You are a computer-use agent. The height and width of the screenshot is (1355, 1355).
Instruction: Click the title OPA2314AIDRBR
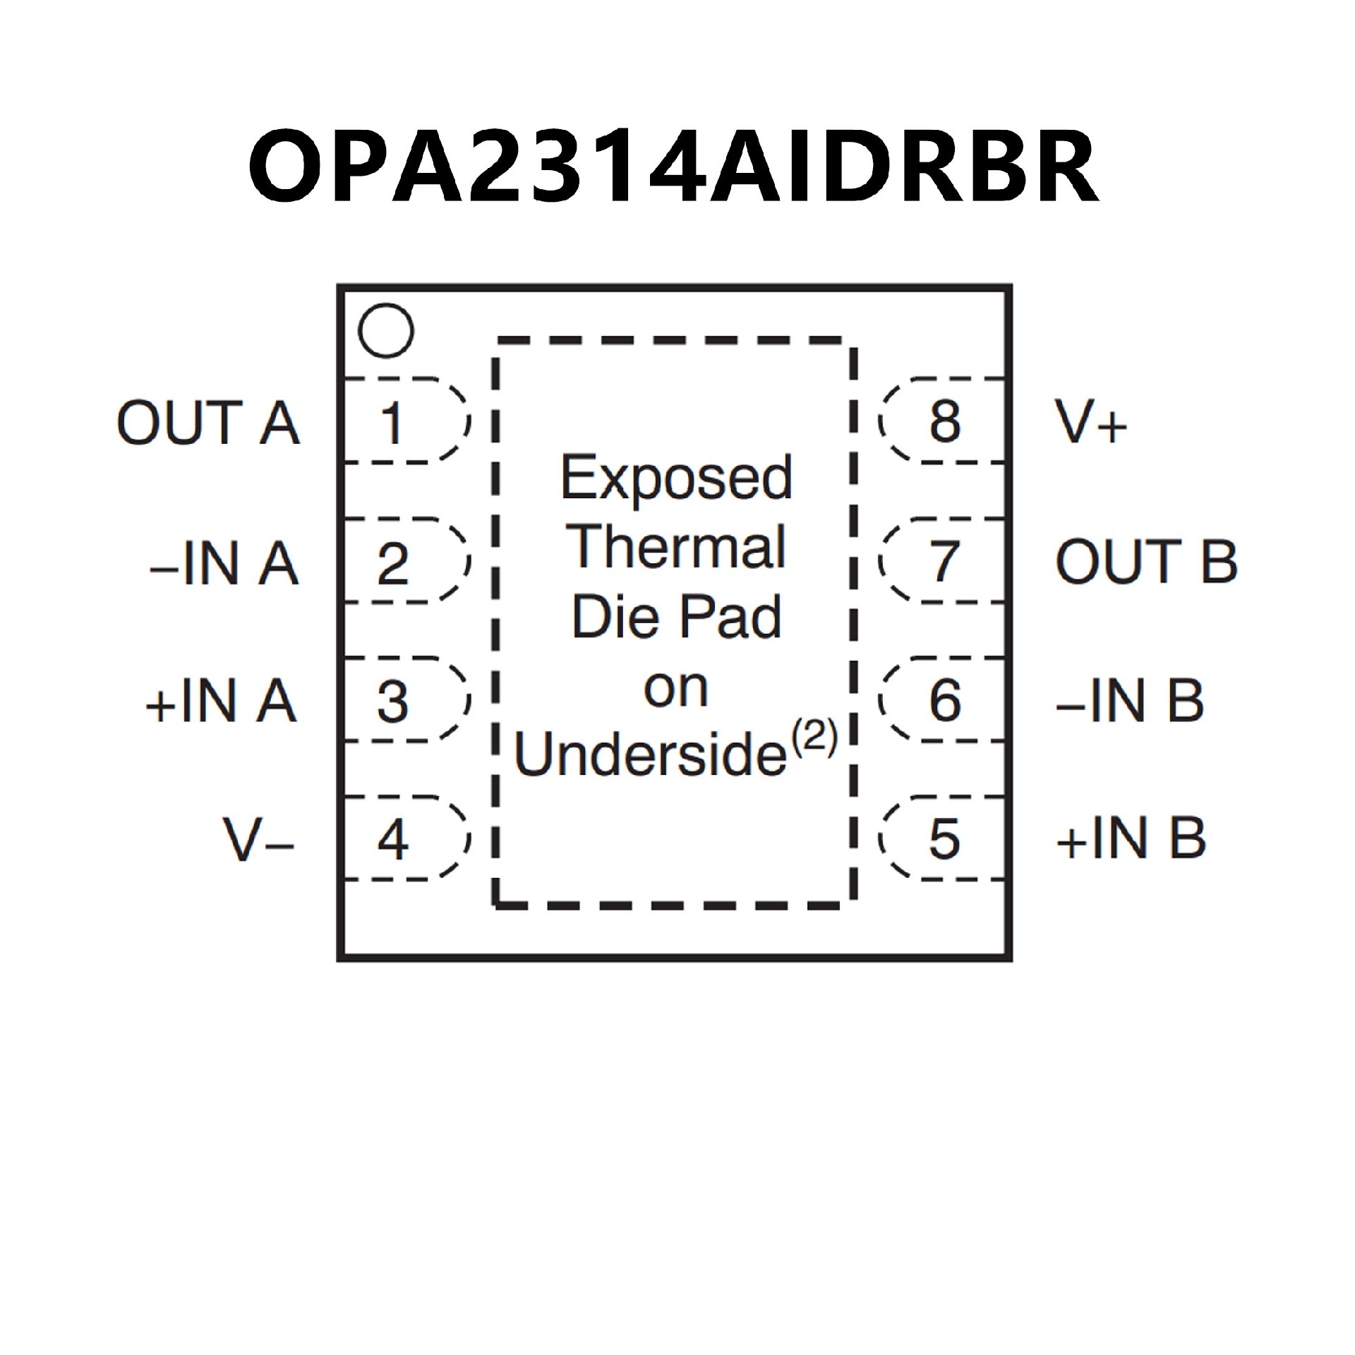pos(673,166)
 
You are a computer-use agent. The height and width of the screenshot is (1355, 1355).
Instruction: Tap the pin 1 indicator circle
pos(385,330)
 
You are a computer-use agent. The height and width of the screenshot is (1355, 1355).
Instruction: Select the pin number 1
pos(392,423)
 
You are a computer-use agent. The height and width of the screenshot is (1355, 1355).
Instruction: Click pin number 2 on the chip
pos(392,562)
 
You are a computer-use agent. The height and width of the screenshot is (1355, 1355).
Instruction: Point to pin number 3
pos(392,701)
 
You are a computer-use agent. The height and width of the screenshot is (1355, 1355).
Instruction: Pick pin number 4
pos(392,839)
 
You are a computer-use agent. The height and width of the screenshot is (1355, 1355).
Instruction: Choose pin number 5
pos(944,839)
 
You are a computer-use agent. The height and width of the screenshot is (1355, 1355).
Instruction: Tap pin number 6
pos(945,701)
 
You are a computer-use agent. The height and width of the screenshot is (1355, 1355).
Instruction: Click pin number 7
pos(945,562)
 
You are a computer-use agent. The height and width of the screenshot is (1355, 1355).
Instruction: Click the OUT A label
pos(208,423)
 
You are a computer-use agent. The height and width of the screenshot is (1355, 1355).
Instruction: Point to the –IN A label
pos(224,562)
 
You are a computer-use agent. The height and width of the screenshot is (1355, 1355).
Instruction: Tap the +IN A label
pos(221,701)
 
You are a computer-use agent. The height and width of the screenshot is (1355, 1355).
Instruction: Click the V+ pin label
pos(1091,423)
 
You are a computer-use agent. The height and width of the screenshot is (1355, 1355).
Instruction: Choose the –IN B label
pos(1130,701)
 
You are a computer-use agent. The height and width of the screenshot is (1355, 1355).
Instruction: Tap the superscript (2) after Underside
pos(814,738)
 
